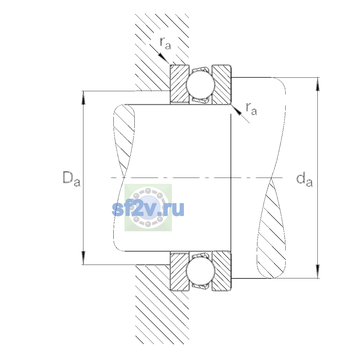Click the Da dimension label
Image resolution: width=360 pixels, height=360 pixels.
72,179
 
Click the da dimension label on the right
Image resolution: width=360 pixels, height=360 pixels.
304,180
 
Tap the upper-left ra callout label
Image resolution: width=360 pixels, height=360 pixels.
165,43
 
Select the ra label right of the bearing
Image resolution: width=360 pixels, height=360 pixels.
251,109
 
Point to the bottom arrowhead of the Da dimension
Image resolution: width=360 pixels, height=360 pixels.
83,258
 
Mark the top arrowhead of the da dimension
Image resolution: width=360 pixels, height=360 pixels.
318,84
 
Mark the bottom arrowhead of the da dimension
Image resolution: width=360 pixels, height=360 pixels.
318,271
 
